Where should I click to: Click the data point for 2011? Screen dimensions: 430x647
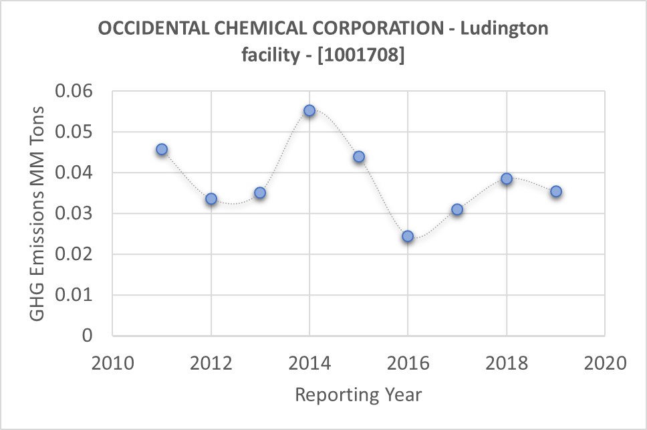(x=162, y=149)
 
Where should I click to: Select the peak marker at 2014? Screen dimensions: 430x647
(x=309, y=110)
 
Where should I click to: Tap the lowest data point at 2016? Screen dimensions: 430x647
(x=408, y=236)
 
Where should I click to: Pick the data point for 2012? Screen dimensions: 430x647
(x=211, y=199)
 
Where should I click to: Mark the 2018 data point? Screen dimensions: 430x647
(x=507, y=179)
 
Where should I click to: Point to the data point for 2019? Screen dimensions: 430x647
(x=555, y=191)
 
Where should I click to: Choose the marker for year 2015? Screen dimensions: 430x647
(x=359, y=156)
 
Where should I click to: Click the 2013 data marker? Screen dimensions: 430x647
(x=260, y=193)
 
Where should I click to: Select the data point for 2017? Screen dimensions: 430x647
(x=457, y=209)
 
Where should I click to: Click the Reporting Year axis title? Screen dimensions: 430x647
(x=358, y=395)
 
